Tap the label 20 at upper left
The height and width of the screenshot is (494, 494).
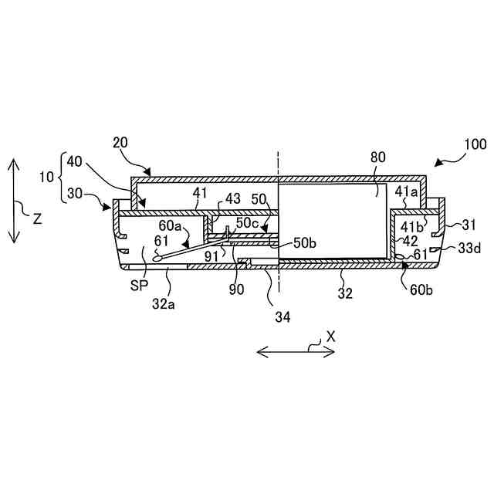[120, 144]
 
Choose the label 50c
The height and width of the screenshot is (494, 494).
[247, 222]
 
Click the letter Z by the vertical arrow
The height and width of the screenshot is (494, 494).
[36, 218]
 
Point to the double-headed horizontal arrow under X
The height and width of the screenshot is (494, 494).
[296, 352]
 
